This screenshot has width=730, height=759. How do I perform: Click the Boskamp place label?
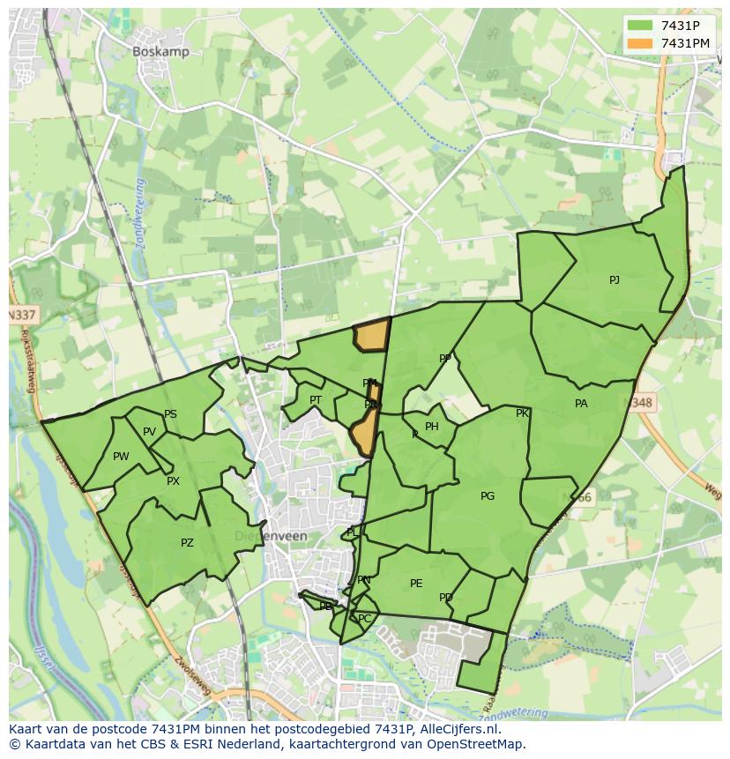point(160,52)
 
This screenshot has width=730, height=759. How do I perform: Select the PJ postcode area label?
point(615,280)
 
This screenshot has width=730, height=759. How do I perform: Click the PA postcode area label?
point(581,404)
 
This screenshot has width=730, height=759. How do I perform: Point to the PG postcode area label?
point(488,496)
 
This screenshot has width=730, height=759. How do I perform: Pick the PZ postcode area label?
point(187,543)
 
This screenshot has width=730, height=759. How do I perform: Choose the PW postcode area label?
point(121,457)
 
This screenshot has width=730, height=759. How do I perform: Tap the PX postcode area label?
point(173,481)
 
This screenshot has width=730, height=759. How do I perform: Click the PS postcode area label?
point(170,414)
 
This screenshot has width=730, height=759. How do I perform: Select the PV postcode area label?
point(149,432)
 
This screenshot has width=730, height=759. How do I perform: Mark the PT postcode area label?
point(316,400)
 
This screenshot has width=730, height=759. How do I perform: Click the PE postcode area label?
point(416,584)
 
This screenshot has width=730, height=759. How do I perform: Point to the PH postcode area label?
point(431,427)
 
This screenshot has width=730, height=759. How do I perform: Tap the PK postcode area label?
point(522,413)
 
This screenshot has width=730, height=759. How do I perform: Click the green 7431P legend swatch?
point(641,25)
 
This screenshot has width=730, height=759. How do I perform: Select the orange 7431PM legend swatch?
point(641,43)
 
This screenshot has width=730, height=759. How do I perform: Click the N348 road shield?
point(642,403)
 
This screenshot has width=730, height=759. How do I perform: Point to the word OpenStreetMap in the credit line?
point(479,744)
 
